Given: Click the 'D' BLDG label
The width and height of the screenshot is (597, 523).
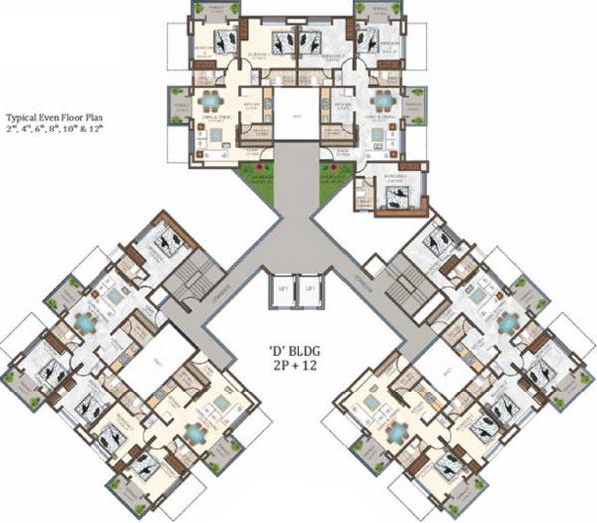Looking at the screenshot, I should (296, 351).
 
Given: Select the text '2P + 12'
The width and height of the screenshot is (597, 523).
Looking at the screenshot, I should (296, 368).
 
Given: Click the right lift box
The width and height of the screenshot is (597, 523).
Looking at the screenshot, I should (311, 290).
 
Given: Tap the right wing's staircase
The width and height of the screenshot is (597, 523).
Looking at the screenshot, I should (406, 281).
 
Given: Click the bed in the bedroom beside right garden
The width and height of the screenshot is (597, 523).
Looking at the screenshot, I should (395, 197).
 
